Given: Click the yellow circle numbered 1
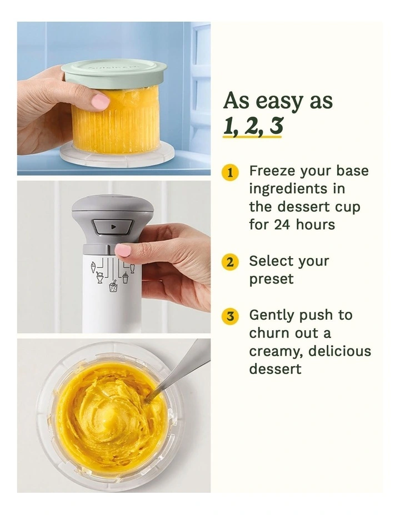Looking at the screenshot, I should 230,172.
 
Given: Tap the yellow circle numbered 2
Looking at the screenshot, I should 230,262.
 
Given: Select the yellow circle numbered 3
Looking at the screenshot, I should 230,316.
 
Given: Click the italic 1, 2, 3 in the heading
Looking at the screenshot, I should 253,127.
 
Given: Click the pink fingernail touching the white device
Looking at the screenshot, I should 123,250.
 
